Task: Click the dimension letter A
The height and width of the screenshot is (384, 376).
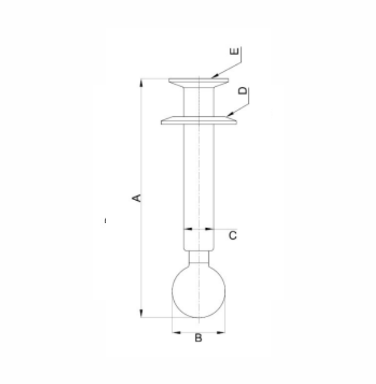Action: (137, 198)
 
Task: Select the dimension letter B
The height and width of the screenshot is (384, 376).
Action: (198, 338)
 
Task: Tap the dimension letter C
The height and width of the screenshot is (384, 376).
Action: (232, 235)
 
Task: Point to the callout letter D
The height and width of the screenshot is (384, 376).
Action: (243, 90)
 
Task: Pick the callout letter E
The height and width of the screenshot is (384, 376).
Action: (234, 51)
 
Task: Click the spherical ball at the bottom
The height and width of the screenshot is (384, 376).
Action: (199, 291)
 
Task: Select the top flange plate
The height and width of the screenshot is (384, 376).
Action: (199, 83)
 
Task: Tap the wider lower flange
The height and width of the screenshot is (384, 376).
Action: (199, 120)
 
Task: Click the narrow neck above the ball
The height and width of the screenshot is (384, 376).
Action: (199, 256)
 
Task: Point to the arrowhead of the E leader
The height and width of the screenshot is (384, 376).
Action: (214, 76)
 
